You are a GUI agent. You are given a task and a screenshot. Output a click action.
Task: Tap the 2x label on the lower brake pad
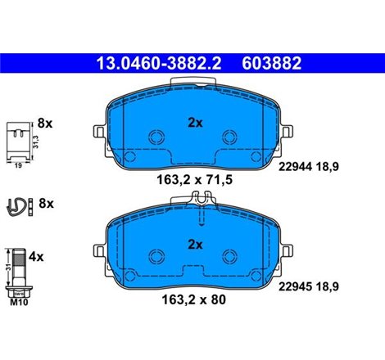195,243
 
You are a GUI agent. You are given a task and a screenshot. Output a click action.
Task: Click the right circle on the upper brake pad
231,137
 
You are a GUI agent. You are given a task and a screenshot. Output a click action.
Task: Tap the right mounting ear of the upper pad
288,131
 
